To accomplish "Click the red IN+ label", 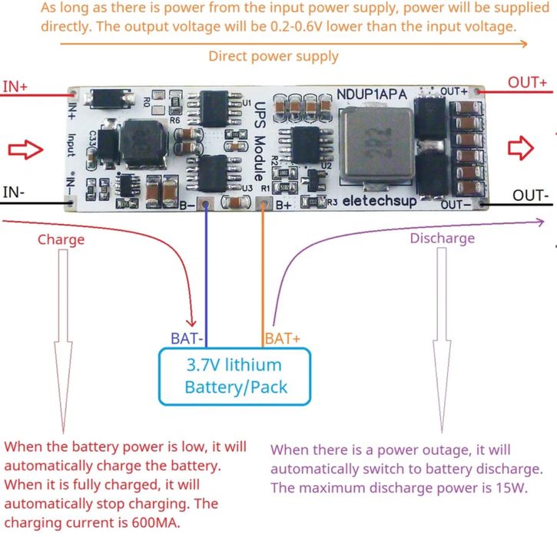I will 15,87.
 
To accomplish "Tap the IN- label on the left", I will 14,192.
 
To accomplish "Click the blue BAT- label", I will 187,338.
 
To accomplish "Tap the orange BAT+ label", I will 283,338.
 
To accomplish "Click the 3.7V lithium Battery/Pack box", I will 235,376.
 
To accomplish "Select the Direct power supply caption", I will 273,56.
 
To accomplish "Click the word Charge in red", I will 61,239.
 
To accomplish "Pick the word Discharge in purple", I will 442,239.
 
